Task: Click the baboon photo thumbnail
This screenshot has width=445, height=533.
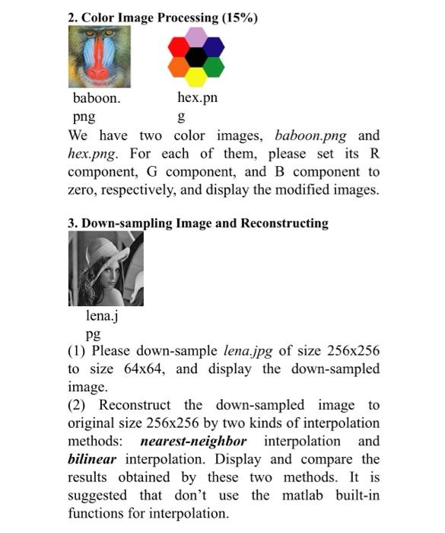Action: [x=99, y=56]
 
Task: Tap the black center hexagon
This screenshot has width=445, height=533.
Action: [x=195, y=56]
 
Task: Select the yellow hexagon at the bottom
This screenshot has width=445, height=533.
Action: [x=195, y=76]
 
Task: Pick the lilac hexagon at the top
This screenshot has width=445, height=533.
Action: [x=195, y=37]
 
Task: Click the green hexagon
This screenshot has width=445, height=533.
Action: [x=214, y=66]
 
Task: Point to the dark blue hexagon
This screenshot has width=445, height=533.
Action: [x=214, y=46]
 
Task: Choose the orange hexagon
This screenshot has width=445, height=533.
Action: [x=178, y=66]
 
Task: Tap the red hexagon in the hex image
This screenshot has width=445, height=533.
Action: [x=178, y=46]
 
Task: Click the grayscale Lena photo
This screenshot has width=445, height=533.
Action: [x=106, y=269]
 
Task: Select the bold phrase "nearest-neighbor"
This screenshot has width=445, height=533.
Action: [x=193, y=442]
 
